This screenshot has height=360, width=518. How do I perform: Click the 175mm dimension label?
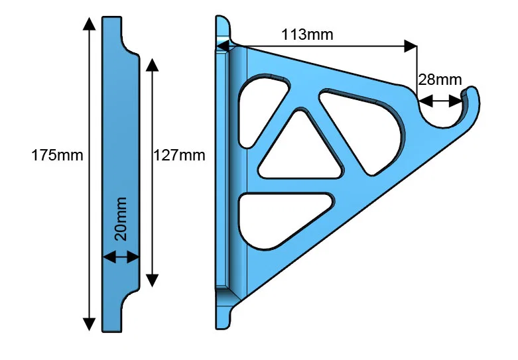point(57,156)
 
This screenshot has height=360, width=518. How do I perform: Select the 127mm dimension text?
point(179,156)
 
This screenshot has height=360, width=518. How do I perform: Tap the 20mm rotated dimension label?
point(121,218)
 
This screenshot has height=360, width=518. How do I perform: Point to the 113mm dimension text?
point(306,34)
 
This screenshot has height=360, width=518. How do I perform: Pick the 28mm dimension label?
point(439,80)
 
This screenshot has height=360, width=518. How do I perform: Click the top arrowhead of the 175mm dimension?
point(88,23)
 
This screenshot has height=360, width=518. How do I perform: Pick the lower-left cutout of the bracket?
point(279,219)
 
